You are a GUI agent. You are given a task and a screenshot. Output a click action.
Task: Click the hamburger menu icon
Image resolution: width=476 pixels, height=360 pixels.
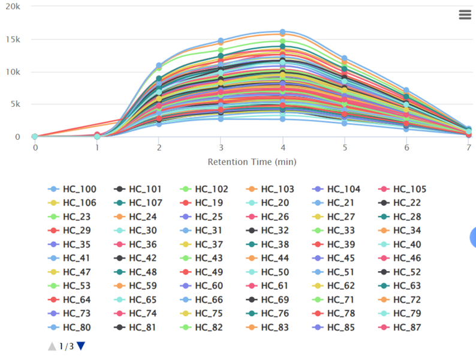pos(465,15)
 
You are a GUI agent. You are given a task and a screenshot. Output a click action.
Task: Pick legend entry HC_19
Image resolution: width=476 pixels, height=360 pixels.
pos(207,203)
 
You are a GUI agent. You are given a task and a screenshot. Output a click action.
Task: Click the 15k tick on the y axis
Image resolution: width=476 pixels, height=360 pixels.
pos(13,40)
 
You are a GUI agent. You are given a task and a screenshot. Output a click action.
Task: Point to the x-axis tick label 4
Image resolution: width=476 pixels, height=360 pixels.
pos(283,148)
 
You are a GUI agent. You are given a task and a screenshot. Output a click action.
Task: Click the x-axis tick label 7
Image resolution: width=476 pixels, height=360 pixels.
pos(469,148)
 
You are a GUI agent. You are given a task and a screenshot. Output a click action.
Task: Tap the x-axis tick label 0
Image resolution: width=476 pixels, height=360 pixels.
pos(35,148)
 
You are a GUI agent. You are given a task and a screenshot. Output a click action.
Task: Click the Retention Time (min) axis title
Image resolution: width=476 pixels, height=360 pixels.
pos(252,162)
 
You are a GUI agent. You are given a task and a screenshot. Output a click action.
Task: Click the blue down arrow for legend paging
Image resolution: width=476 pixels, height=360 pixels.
pos(81,346)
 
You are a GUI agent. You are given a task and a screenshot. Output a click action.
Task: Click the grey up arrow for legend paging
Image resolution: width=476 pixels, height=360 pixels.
pos(52,346)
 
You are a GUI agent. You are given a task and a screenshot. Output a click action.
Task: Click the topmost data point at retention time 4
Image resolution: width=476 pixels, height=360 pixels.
pos(283,32)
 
